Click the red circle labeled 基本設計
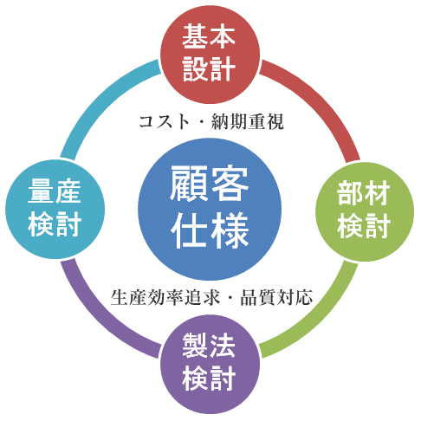[210, 54]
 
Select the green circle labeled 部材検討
[365, 211]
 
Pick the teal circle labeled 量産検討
[55, 209]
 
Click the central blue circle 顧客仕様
[210, 209]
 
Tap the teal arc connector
[99, 97]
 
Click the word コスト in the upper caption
[164, 121]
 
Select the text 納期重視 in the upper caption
[248, 121]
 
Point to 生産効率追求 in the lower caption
[165, 297]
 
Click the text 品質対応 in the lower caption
[276, 297]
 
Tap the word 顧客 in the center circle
[209, 184]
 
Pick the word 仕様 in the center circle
[210, 230]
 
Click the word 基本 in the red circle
[209, 36]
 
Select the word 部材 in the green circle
[364, 193]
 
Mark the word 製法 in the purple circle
[209, 346]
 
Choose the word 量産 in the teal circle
[55, 191]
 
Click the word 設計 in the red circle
[209, 68]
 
